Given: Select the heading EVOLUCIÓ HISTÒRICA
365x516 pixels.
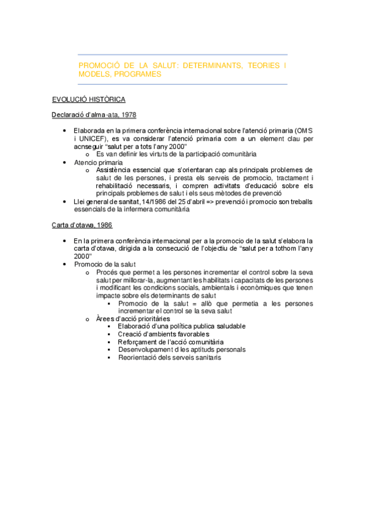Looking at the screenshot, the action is [89, 99].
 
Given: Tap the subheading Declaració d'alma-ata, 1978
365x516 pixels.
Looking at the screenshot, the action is [94, 114].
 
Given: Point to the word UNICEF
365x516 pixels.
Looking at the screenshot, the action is [91, 139].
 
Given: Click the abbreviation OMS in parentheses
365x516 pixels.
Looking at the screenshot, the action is [303, 130].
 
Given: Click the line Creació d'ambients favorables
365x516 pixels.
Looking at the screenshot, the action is [163, 334].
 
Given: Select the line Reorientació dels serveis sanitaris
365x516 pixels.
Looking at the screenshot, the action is [169, 358].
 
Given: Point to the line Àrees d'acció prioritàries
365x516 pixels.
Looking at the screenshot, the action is [133, 318].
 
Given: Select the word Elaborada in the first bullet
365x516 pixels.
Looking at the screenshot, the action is [90, 130].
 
